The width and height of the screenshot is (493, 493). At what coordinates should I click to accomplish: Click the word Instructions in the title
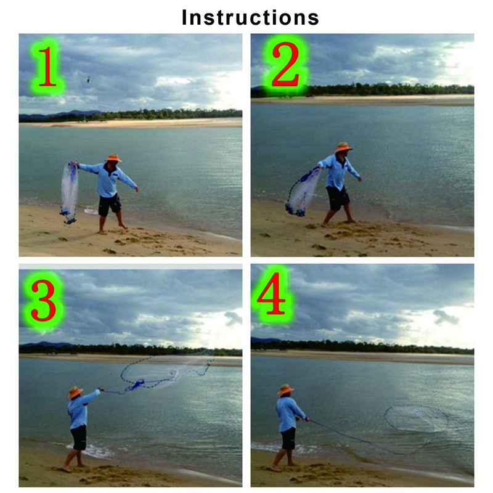coord(250,17)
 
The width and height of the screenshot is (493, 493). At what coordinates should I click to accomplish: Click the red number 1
coord(45,65)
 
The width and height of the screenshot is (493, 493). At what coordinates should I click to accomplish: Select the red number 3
coord(43,299)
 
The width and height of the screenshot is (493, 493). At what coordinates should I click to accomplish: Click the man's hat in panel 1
coord(113,158)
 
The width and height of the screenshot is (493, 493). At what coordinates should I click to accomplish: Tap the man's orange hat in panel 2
coord(343,147)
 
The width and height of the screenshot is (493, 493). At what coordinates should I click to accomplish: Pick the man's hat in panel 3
coord(76,391)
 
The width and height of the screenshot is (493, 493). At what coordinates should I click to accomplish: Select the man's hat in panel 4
coord(285,389)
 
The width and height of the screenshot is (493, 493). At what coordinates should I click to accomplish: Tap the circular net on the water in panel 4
coord(417,419)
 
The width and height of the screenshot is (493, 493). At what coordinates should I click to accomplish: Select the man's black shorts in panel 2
coord(337,198)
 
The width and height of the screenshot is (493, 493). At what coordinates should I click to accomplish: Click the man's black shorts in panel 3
coord(78,438)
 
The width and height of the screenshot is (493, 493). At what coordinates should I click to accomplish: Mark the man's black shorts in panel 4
coord(288,439)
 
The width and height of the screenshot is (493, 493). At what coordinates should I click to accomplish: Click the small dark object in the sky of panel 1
coord(88,79)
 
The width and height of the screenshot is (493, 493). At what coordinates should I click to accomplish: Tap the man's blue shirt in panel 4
coord(288,413)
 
